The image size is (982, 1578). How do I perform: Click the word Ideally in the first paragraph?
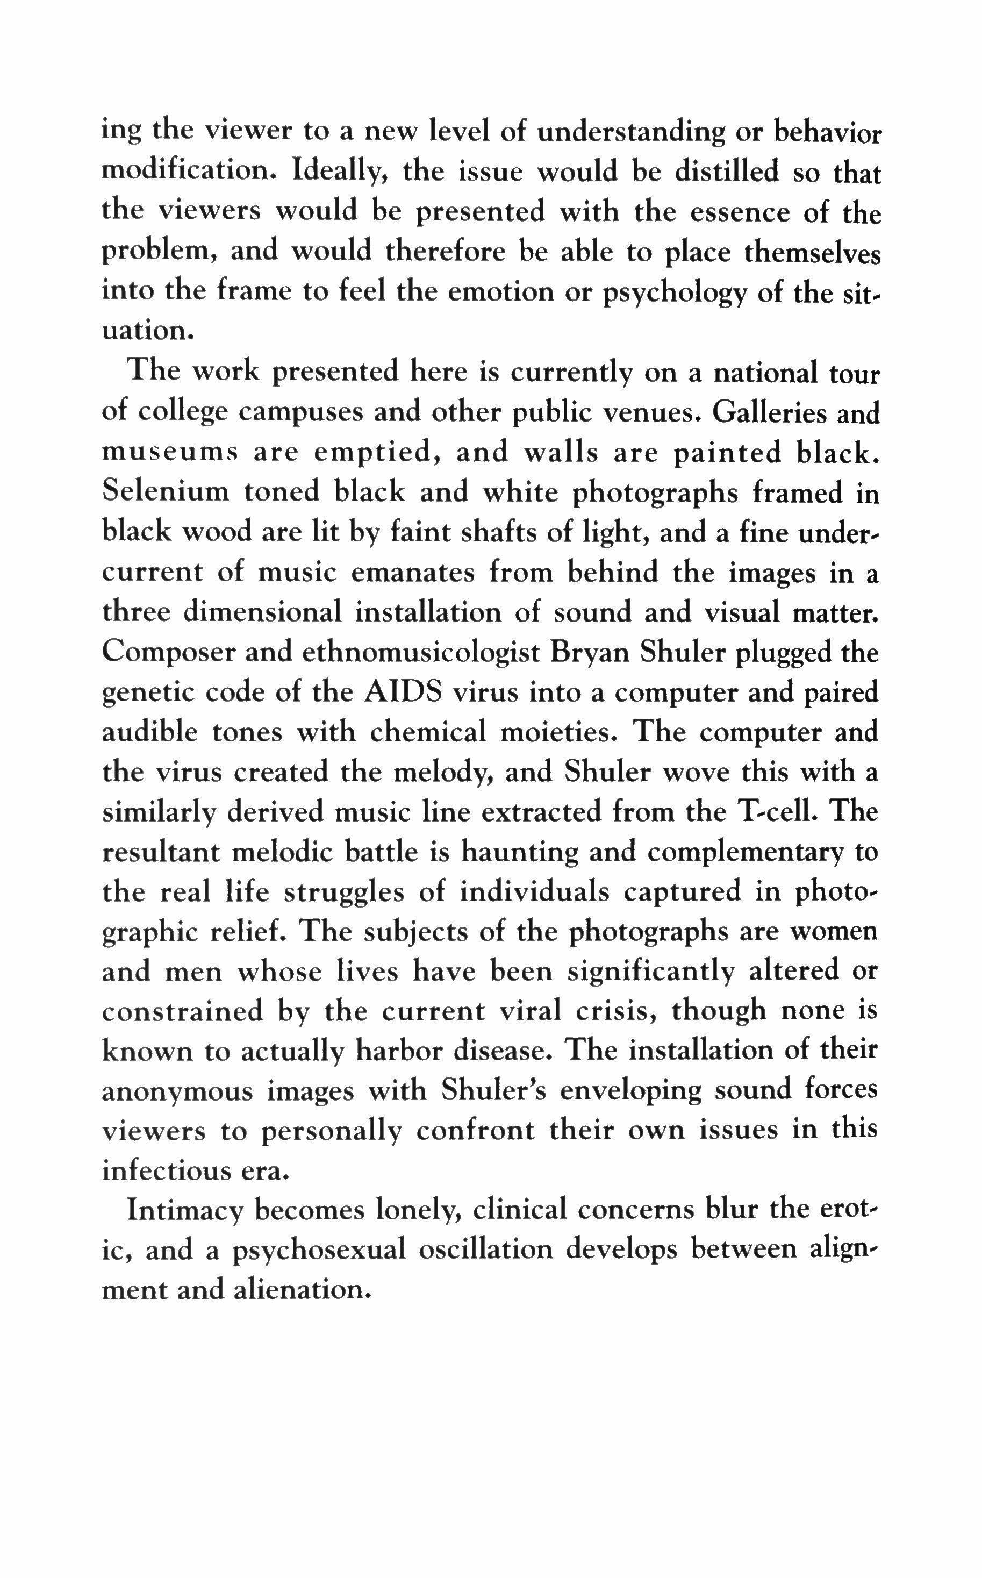[x=340, y=172]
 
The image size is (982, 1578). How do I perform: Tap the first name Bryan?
[x=590, y=653]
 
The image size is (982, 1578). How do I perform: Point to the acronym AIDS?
[x=403, y=692]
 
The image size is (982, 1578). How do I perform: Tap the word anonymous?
[x=177, y=1091]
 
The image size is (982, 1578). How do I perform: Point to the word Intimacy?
[x=184, y=1210]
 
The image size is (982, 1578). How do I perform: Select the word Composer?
[x=166, y=653]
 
